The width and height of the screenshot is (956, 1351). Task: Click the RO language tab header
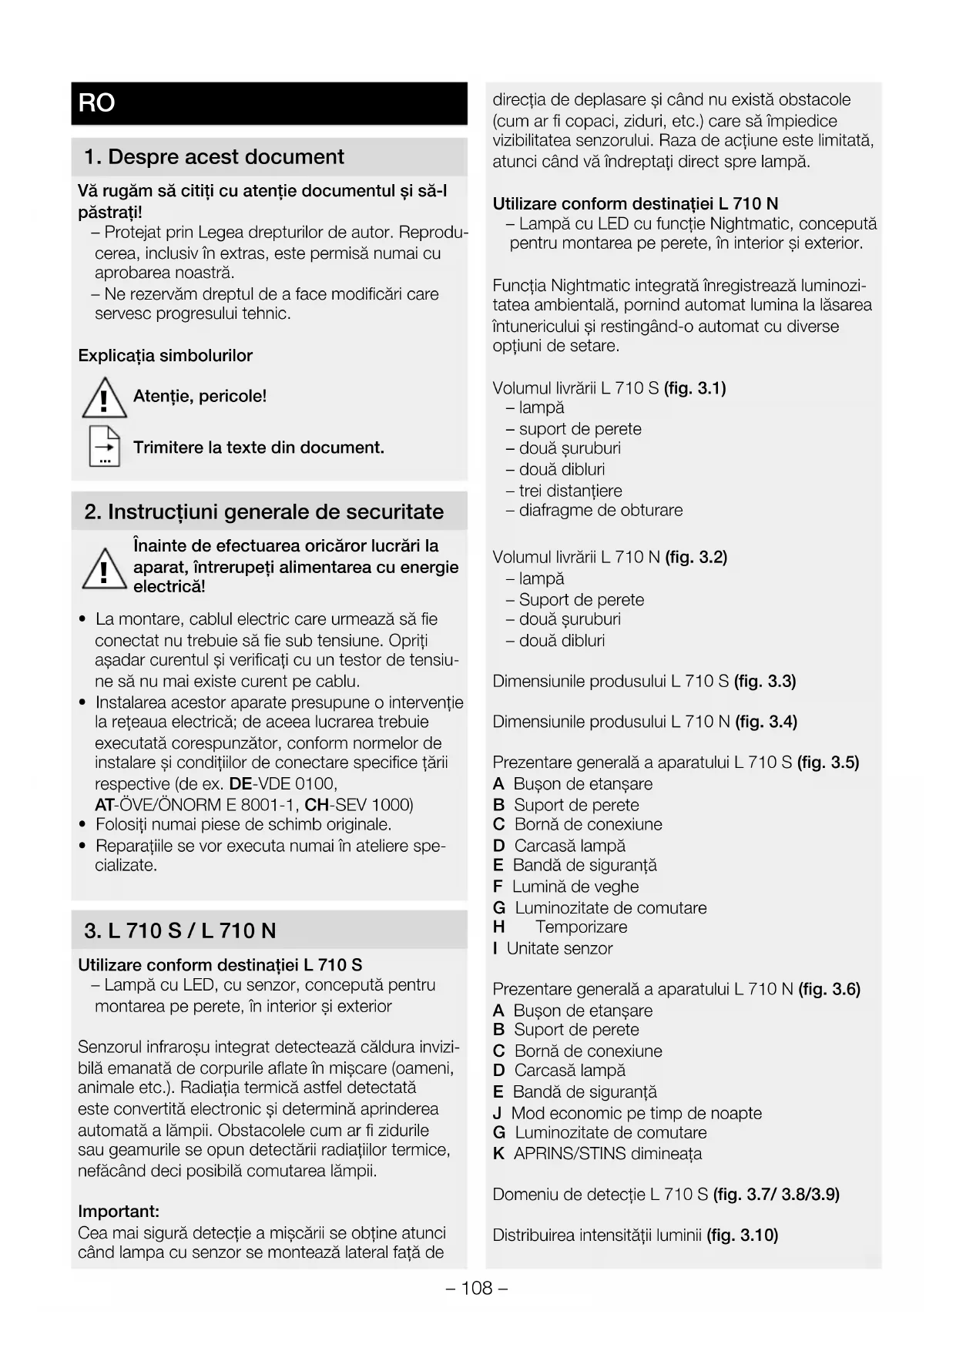click(97, 103)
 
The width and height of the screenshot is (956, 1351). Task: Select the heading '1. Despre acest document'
click(213, 157)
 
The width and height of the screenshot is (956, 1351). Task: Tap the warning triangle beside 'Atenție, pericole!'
click(104, 400)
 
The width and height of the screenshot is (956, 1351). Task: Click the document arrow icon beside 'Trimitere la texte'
click(105, 446)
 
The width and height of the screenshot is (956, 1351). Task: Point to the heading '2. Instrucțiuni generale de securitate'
click(263, 512)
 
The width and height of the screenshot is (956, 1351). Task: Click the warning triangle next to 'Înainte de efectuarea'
click(104, 569)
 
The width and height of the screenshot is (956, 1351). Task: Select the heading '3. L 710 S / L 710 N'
click(179, 931)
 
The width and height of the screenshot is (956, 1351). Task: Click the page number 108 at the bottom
click(477, 1288)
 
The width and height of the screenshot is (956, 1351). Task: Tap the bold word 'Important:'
click(119, 1212)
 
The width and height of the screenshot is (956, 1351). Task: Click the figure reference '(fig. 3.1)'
click(695, 388)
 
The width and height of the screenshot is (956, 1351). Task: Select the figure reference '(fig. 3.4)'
click(766, 722)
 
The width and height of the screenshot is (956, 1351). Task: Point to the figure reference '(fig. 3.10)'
click(742, 1235)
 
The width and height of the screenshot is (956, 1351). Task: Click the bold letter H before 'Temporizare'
click(499, 927)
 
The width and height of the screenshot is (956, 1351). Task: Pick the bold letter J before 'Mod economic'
click(498, 1113)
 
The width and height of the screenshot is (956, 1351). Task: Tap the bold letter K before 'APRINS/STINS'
click(499, 1154)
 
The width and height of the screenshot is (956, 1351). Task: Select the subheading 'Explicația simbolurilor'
click(165, 356)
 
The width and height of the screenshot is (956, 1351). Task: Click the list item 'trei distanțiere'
click(570, 491)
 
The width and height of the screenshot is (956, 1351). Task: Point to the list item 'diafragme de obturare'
click(600, 510)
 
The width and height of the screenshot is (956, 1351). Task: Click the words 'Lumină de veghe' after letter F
click(575, 887)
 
